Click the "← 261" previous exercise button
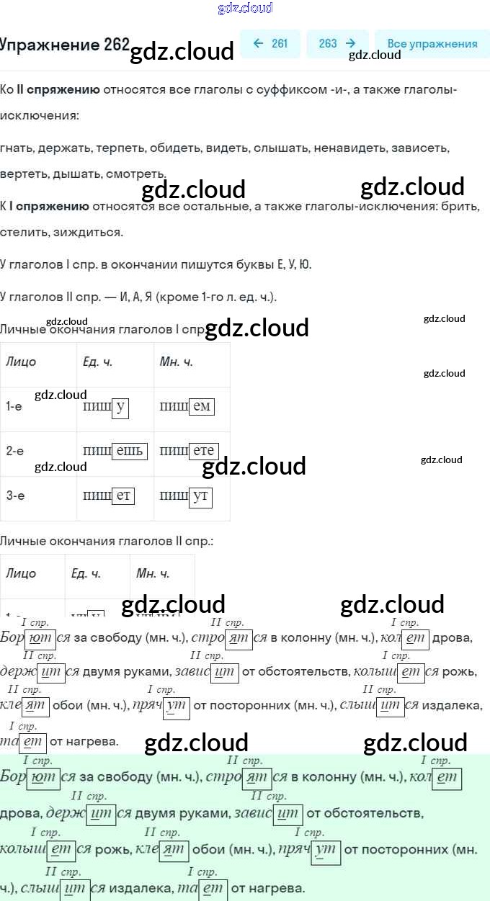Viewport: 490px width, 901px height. click(x=270, y=43)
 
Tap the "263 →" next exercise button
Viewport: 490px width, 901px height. click(x=337, y=43)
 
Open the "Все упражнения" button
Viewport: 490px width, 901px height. click(x=432, y=43)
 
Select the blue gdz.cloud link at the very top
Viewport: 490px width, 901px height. click(x=245, y=8)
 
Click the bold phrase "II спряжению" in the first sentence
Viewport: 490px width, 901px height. click(x=58, y=89)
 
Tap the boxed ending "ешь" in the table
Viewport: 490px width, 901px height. click(x=130, y=452)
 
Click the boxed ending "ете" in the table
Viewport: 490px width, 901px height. click(x=204, y=452)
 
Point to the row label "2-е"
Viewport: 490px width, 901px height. click(x=14, y=452)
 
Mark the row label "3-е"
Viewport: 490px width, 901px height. click(x=14, y=496)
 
